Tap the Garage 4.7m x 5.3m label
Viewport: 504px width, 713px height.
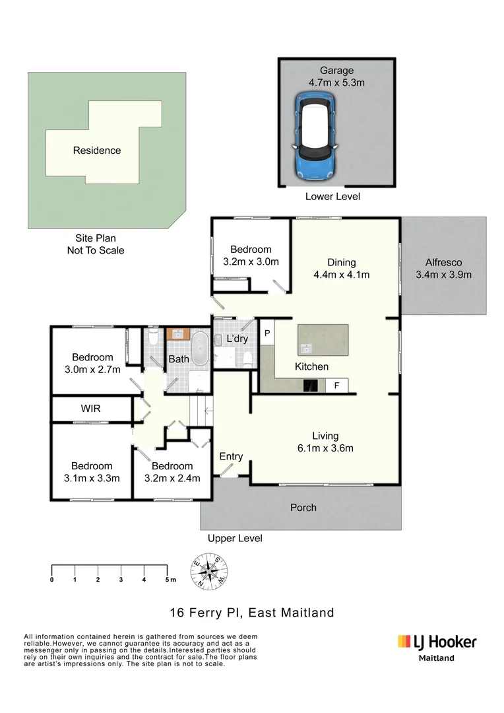[x=337, y=77]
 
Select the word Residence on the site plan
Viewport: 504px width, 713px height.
[x=97, y=151]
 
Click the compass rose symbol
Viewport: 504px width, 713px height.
[x=210, y=572]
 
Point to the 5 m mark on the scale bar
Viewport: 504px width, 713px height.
[x=167, y=580]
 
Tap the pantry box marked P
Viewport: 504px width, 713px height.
[x=268, y=333]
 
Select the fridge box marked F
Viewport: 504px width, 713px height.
[x=336, y=386]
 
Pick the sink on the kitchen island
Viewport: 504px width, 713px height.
[x=306, y=348]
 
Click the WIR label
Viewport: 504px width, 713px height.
[x=91, y=409]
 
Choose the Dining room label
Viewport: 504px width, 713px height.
[x=341, y=268]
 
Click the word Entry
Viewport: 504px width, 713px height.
[x=231, y=456]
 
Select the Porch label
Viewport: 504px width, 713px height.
[x=303, y=508]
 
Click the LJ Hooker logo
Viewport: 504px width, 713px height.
[x=436, y=642]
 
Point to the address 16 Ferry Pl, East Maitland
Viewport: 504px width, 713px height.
[x=251, y=613]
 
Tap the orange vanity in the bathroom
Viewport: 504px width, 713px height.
[x=177, y=335]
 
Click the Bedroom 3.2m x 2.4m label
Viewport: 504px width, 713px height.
[x=172, y=472]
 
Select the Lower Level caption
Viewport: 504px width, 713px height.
[x=332, y=197]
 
